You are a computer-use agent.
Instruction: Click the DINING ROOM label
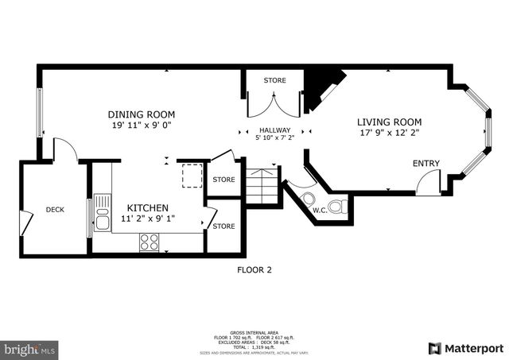coord(142,114)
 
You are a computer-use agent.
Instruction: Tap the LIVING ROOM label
coord(389,122)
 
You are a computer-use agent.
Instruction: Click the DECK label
coord(55,210)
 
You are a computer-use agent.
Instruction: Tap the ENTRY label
coord(425,164)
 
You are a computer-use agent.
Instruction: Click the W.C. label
coord(320,211)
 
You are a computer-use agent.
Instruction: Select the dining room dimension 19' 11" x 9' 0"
coord(142,125)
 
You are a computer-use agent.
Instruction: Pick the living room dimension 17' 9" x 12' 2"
coord(389,134)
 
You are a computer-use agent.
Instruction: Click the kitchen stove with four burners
coord(149,242)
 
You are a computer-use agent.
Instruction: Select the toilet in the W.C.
coord(338,207)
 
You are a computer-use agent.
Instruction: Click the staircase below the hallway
coord(260,187)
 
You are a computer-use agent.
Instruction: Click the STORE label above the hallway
coord(274,79)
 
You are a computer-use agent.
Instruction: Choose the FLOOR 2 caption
coord(254,270)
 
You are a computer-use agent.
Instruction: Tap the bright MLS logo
coord(29,349)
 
